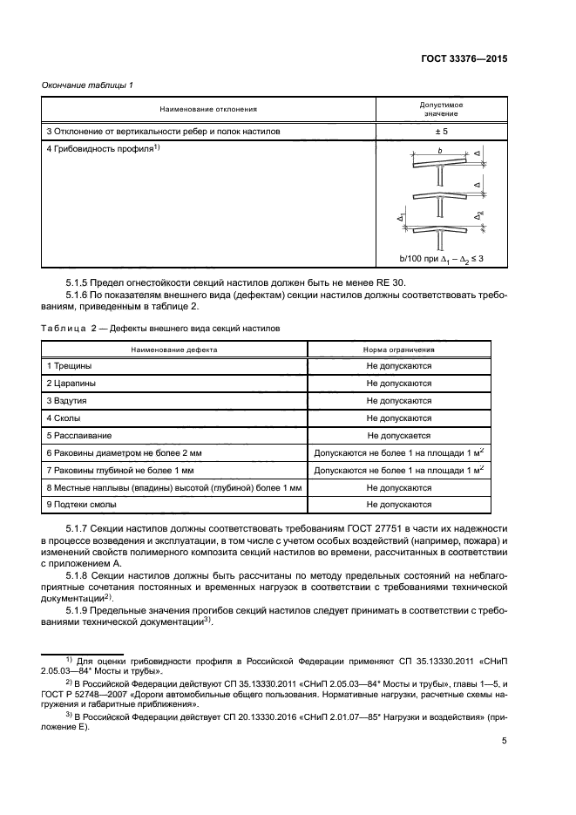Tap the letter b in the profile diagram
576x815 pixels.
tap(441, 152)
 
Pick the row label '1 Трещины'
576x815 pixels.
tap(69, 366)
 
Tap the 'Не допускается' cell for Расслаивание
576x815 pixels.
tap(398, 435)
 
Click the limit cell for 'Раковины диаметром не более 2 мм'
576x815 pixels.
tap(398, 453)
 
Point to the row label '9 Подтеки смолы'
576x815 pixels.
tap(83, 505)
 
